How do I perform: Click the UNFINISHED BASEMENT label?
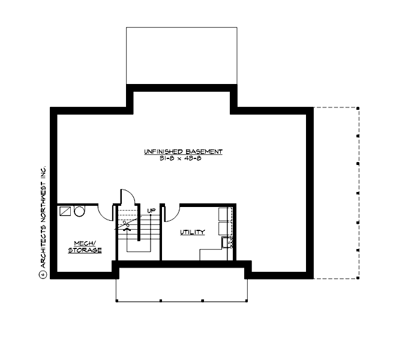point(182,152)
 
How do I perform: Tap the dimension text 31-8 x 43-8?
point(182,158)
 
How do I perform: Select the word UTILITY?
point(193,232)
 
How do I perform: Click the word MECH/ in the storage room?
point(84,243)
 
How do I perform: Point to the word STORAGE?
point(84,250)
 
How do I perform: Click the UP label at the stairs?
point(152,211)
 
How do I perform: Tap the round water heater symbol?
point(80,211)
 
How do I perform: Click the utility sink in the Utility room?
point(227,242)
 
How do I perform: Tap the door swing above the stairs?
point(127,197)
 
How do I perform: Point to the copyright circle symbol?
point(43,276)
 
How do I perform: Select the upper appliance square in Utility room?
point(224,214)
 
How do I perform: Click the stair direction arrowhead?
point(126,229)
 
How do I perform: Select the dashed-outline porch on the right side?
point(336,193)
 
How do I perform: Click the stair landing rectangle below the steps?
point(139,250)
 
